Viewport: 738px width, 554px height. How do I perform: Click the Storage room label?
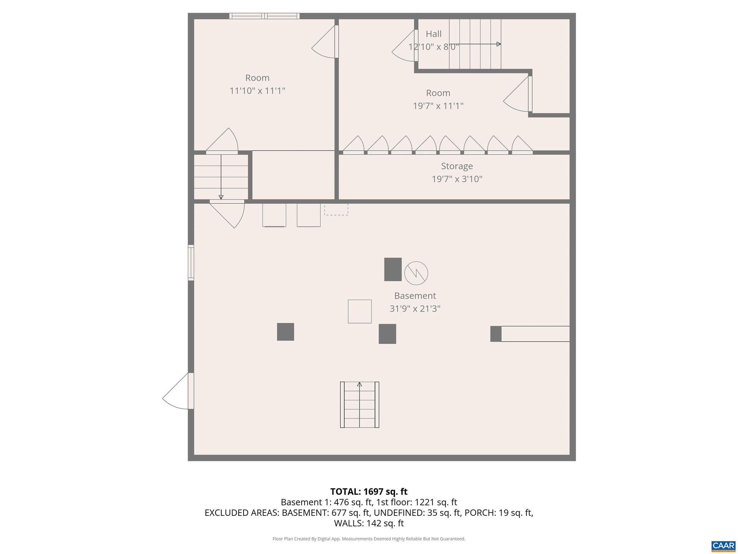tap(457, 166)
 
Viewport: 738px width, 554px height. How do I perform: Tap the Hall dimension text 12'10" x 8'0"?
tap(434, 47)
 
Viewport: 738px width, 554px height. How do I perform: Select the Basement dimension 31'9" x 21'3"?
tap(415, 309)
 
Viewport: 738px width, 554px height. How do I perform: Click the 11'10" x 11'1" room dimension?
tap(257, 91)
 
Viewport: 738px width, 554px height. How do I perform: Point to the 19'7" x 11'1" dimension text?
tap(438, 106)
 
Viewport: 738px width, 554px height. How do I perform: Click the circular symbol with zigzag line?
tap(416, 273)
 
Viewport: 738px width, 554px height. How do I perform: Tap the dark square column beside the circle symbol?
tap(393, 269)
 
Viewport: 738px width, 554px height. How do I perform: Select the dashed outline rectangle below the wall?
tap(336, 210)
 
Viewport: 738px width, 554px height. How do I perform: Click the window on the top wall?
tap(264, 16)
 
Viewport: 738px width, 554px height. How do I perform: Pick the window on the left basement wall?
tap(191, 263)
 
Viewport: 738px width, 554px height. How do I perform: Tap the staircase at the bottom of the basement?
tap(359, 405)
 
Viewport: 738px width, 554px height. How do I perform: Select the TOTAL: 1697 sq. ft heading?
tap(369, 492)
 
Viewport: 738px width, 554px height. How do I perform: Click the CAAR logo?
tap(723, 546)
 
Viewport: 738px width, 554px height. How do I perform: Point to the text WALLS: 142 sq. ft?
tap(369, 523)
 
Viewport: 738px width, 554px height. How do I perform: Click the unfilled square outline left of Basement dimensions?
tap(359, 311)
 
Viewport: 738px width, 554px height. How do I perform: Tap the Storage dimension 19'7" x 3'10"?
tap(457, 179)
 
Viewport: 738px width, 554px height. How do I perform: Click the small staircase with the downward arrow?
tap(221, 177)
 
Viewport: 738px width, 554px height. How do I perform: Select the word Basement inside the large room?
tap(415, 296)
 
